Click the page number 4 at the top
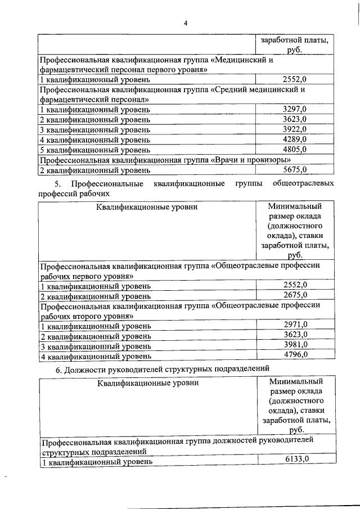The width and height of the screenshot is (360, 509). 184,23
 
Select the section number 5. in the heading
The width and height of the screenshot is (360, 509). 57,184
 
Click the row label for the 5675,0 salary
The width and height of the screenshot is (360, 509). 94,169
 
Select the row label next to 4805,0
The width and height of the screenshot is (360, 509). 94,150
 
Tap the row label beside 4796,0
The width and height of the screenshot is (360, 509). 94,355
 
